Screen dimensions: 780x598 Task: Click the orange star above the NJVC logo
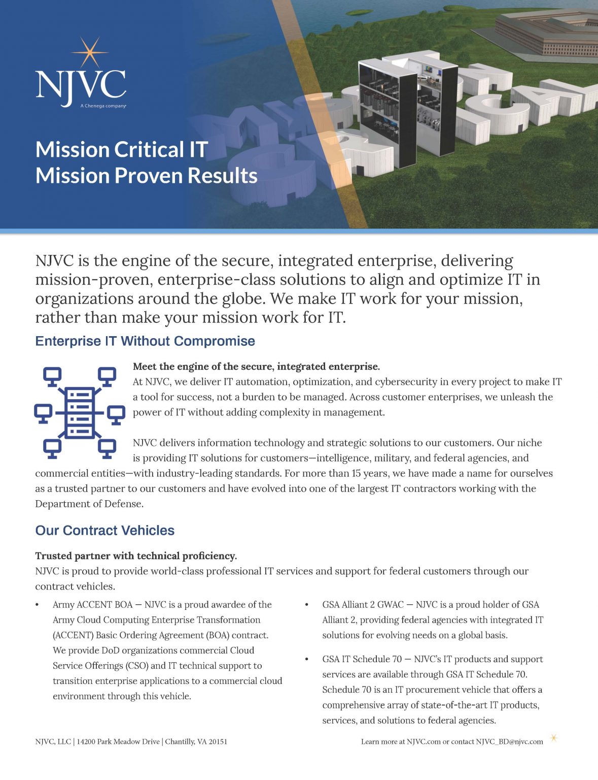tap(90, 52)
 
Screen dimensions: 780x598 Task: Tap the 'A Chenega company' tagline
tap(103, 106)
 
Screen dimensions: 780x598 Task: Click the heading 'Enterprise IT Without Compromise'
tap(145, 341)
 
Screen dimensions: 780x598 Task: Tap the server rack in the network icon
tap(80, 412)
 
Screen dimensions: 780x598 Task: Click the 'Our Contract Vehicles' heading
tap(104, 531)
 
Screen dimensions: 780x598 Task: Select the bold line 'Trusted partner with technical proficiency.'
tap(136, 556)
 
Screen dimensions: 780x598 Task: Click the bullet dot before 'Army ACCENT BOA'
tap(37, 605)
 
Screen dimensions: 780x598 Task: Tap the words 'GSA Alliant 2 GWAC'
tap(363, 605)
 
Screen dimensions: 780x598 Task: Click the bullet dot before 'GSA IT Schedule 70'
tap(306, 659)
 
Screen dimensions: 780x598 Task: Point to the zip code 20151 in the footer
tap(217, 742)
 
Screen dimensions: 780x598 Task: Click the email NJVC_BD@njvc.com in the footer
tap(509, 742)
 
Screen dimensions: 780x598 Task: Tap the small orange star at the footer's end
tap(554, 738)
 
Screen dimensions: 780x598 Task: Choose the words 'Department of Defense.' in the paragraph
tap(89, 504)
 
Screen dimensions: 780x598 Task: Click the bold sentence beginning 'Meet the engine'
tap(256, 367)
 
